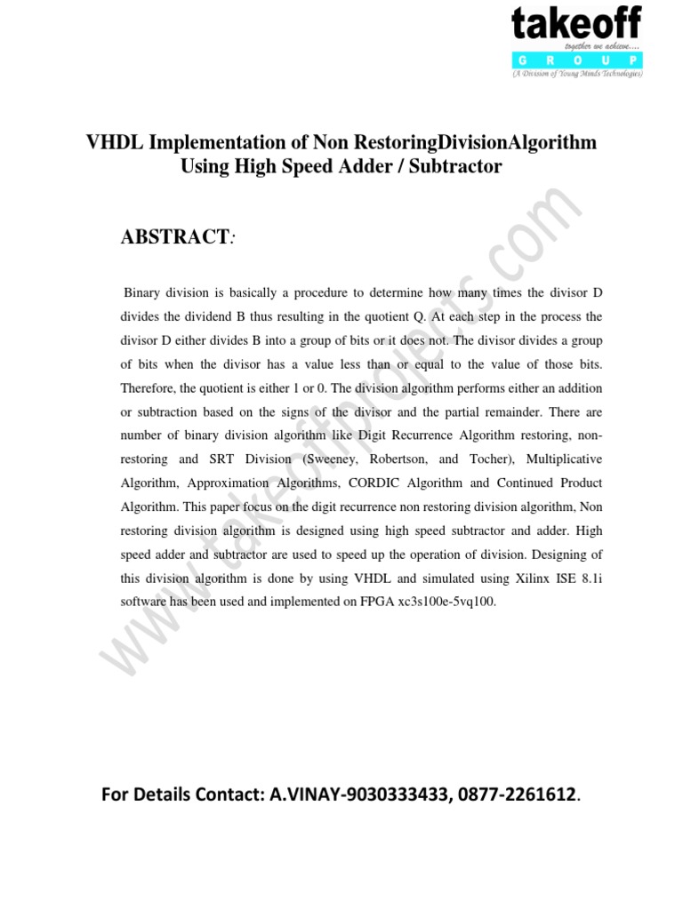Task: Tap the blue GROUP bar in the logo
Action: [575, 61]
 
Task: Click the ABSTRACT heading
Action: [174, 236]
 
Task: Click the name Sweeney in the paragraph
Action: [333, 459]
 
